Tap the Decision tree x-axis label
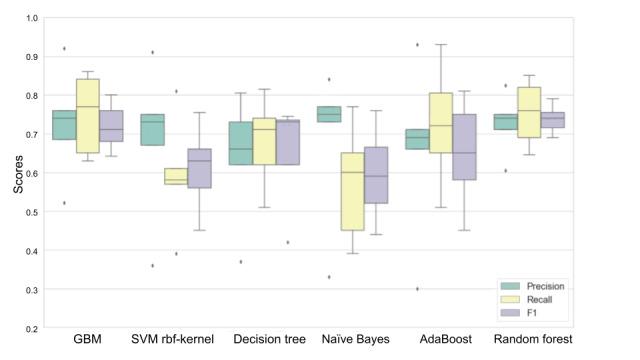tap(269, 340)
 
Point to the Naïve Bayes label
tap(357, 340)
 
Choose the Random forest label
tap(539, 340)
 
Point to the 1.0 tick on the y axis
tap(34, 18)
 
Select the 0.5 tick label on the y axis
tap(34, 212)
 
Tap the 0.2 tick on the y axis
tap(34, 328)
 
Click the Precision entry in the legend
tap(545, 284)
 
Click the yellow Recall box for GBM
tap(87, 116)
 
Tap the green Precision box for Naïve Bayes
tap(329, 114)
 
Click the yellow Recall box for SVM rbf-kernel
tap(176, 176)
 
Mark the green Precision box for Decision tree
tap(241, 143)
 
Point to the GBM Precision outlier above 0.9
tap(65, 48)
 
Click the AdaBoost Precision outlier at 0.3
tap(417, 289)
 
